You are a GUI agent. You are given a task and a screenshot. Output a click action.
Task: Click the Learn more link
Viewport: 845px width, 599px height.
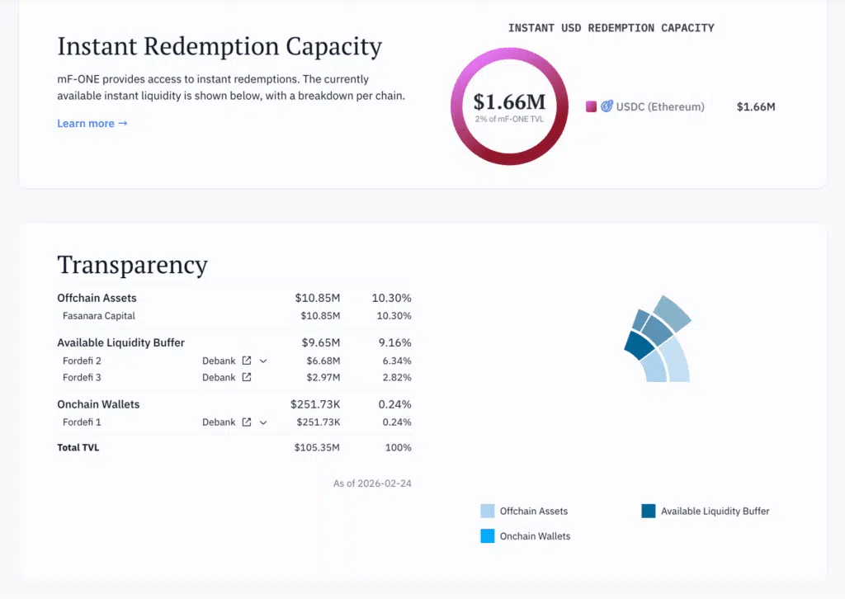coord(92,124)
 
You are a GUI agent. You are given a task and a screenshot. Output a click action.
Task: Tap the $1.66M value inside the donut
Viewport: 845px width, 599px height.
coord(509,101)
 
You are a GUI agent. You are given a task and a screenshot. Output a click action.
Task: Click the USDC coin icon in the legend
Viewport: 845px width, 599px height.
coord(607,106)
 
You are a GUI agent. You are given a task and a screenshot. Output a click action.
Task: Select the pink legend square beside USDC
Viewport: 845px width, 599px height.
coord(591,106)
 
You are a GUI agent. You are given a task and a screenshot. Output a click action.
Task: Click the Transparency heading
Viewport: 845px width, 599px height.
coord(133,265)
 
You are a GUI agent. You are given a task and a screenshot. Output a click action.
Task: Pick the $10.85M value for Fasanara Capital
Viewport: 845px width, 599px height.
coord(320,316)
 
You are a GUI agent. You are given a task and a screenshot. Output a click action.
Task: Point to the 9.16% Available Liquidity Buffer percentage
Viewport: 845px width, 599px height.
coord(394,342)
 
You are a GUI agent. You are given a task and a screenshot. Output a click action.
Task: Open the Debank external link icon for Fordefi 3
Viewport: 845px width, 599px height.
coord(246,377)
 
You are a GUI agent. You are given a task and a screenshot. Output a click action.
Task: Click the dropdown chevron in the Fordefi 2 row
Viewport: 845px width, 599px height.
coord(263,361)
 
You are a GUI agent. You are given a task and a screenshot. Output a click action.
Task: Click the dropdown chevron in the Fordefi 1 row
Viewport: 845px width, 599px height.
coord(263,422)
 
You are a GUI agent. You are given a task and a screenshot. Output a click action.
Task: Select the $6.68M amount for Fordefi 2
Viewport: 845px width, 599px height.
coord(323,361)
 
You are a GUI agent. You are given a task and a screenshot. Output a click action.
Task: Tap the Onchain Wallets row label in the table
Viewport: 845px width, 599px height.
coord(98,404)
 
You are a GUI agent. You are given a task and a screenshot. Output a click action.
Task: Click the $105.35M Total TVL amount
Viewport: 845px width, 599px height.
coord(317,447)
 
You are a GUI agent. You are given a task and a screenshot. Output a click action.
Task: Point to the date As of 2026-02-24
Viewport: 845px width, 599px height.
coord(372,483)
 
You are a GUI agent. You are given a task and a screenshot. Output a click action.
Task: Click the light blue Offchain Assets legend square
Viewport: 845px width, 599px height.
coord(487,511)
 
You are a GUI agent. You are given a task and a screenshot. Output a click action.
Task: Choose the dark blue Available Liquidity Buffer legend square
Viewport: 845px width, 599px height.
coord(649,511)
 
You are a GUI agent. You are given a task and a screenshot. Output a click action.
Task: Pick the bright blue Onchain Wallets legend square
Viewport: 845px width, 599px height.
coord(487,536)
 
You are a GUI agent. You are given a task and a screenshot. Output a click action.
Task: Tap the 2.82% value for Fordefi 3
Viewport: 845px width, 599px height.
coord(397,377)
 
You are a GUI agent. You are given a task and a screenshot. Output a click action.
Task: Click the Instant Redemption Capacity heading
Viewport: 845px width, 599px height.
coord(220,46)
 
